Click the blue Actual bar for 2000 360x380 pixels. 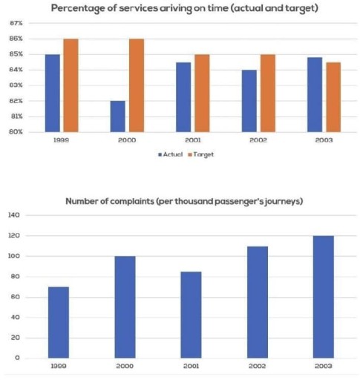click(x=117, y=117)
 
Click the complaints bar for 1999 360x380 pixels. click(x=58, y=322)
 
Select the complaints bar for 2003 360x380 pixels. click(x=323, y=297)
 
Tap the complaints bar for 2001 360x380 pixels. click(x=191, y=315)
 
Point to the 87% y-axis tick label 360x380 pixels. click(x=16, y=23)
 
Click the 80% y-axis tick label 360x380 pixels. click(x=16, y=132)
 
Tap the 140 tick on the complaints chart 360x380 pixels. click(x=14, y=215)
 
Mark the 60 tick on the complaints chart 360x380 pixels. click(x=16, y=297)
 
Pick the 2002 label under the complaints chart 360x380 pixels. click(x=257, y=367)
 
